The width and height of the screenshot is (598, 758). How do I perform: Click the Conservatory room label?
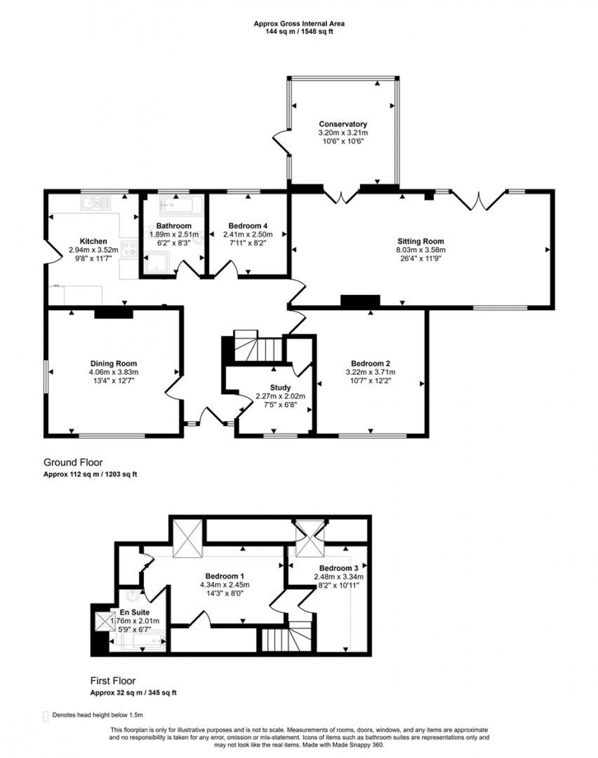click(x=342, y=124)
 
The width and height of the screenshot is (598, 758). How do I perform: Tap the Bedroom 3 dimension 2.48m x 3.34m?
click(x=339, y=577)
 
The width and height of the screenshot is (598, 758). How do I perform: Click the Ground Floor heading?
click(x=73, y=463)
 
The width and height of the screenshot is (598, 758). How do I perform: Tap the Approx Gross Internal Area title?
click(x=299, y=24)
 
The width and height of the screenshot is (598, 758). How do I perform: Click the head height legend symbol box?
click(x=45, y=715)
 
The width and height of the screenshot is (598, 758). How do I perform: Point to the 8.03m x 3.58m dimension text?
click(x=420, y=250)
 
